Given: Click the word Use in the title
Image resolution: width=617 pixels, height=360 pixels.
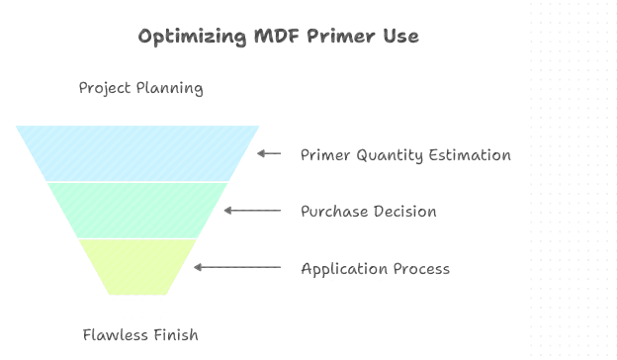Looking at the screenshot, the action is (397, 37).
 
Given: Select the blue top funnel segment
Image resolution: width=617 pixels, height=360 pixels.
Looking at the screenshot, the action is (137, 153).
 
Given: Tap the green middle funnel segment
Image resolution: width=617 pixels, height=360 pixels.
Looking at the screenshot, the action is (137, 210).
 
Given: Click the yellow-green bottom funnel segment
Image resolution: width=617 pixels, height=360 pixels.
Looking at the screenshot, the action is (137, 265).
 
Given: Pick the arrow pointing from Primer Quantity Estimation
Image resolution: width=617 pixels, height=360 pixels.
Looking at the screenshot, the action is (269, 153).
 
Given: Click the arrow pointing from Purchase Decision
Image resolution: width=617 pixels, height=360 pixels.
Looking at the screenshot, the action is (252, 211).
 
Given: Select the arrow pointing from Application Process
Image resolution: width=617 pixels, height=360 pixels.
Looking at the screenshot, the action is (237, 267).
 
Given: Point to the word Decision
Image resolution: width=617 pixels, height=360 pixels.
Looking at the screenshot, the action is (403, 212).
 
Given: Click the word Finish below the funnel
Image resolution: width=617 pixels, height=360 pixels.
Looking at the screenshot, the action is (174, 334).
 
